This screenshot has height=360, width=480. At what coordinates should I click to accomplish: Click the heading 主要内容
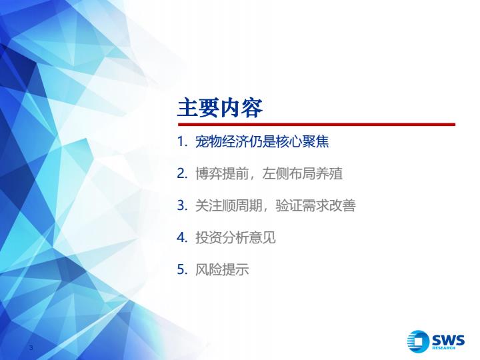tap(220, 108)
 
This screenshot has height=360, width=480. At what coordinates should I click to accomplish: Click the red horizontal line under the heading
tap(317, 125)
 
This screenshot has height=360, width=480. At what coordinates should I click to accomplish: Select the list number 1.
tap(182, 142)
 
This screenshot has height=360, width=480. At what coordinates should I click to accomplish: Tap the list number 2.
tap(182, 173)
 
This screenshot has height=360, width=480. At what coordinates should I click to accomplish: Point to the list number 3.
tap(182, 205)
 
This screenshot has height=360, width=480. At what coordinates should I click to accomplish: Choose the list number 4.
tap(182, 237)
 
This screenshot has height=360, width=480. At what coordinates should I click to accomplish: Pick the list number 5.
tap(182, 269)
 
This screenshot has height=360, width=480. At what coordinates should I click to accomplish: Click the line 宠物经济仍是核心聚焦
tap(262, 142)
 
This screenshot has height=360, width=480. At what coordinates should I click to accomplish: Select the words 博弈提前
tap(222, 173)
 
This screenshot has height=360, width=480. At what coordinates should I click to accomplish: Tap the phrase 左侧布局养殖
tap(303, 173)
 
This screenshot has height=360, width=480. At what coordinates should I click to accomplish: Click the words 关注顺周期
tap(229, 205)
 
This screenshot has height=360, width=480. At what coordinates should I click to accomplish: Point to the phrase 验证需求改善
tap(315, 205)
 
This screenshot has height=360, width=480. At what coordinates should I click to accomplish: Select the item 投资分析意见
tap(235, 237)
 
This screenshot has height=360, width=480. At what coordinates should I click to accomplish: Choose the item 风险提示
tap(222, 269)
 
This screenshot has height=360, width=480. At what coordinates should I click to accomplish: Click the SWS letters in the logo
tap(448, 340)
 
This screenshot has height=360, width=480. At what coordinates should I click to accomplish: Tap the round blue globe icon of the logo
tap(418, 341)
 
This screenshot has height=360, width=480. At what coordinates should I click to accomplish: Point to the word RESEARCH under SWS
tap(443, 348)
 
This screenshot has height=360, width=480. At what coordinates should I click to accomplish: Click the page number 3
tap(31, 347)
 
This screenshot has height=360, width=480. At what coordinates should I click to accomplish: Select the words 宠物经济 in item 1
tap(222, 142)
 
